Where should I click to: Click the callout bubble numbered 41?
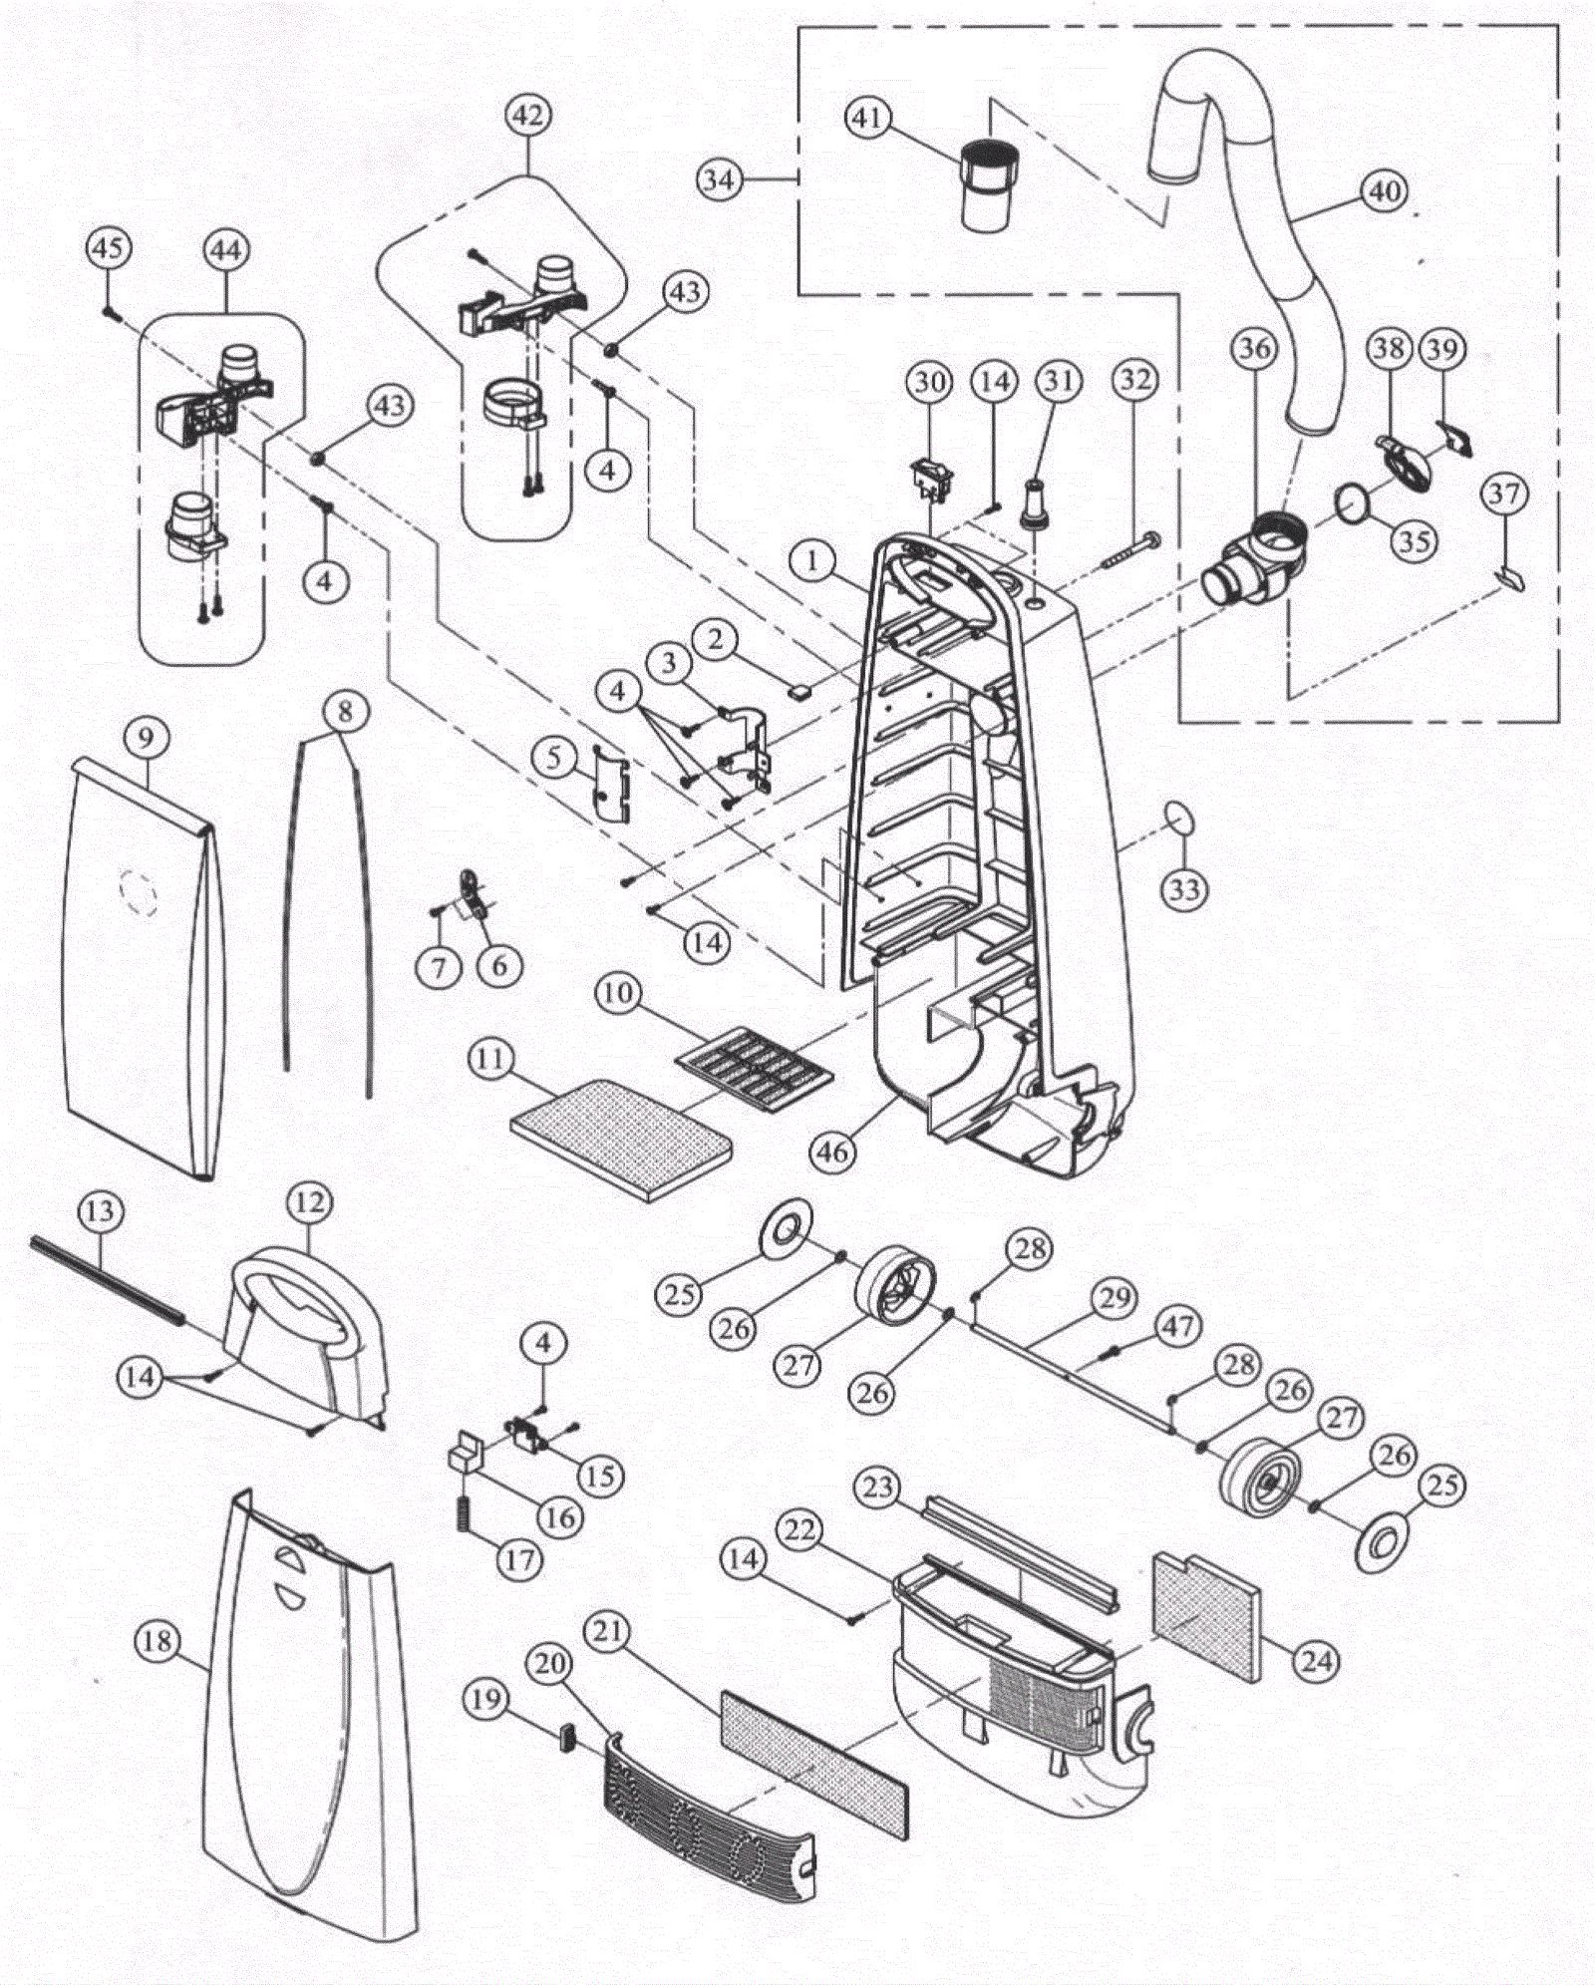(866, 118)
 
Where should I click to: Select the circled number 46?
(833, 1152)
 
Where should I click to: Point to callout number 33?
(1184, 888)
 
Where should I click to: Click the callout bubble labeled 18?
(157, 1641)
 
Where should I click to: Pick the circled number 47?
(1177, 1327)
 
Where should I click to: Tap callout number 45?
(109, 247)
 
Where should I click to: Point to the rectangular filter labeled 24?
(1205, 1614)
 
